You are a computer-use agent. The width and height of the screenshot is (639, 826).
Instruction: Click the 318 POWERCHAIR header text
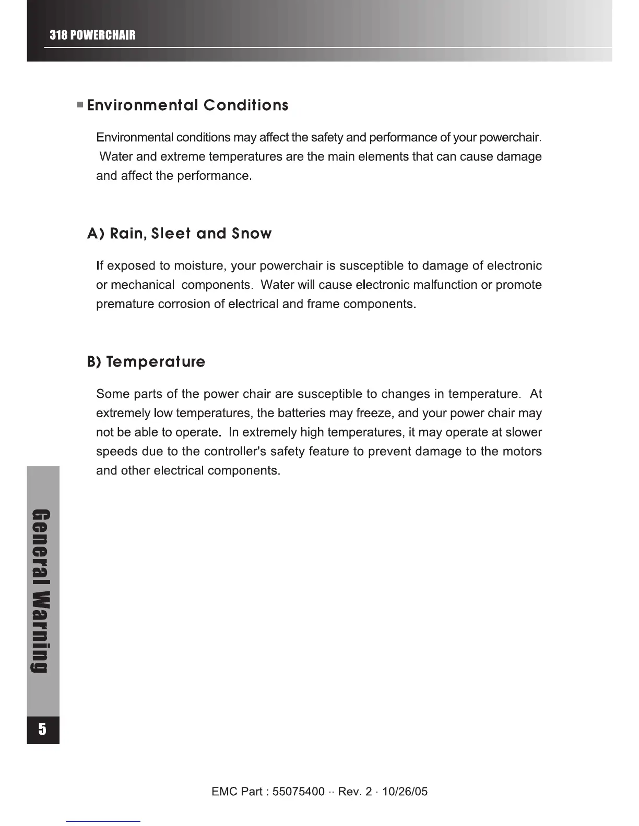[92, 35]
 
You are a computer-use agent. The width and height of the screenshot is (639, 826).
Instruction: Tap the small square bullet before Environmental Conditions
[80, 105]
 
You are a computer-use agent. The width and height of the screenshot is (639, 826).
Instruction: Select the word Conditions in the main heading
[246, 105]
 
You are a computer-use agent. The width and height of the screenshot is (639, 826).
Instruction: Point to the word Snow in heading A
[252, 234]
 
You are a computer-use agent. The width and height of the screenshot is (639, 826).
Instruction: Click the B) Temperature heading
[146, 362]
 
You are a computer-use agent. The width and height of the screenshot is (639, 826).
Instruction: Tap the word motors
[522, 452]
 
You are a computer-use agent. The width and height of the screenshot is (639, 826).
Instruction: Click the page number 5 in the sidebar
[43, 729]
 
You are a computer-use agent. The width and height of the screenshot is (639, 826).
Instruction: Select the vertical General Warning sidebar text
[43, 589]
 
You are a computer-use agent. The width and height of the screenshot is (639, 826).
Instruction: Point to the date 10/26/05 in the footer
[405, 792]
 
